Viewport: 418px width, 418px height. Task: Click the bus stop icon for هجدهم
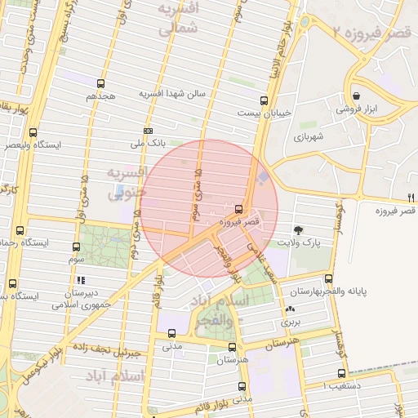pos(100,83)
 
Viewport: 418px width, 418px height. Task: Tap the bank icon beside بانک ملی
pos(148,131)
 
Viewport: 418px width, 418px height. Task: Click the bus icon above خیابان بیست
pos(264,100)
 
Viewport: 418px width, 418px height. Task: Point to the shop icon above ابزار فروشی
pos(356,95)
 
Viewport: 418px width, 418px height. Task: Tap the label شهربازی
pos(309,137)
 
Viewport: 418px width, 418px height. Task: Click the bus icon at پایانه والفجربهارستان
pos(328,278)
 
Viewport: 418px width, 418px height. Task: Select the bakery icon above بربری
pos(291,309)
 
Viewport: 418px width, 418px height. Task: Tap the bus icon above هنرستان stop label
pos(233,347)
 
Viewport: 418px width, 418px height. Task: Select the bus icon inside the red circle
pos(238,209)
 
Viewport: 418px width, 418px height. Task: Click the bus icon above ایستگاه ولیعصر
pos(33,132)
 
